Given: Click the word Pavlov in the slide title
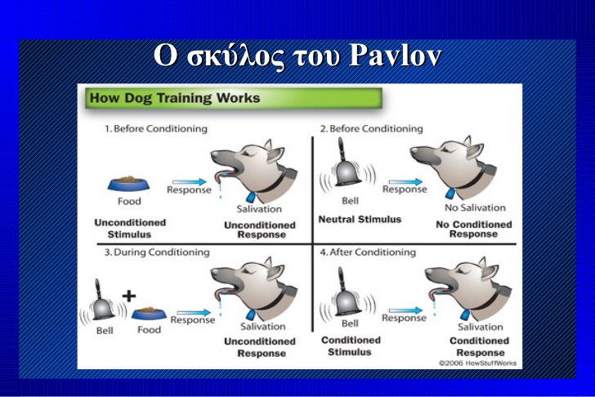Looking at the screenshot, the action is pos(395,56).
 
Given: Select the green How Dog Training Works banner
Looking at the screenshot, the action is pos(234,98).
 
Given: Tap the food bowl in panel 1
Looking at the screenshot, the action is pos(128,184).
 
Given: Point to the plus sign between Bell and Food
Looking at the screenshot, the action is pos(129,297).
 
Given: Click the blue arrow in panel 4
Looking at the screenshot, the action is pos(405,311).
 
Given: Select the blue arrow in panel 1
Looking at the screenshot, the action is pos(190,182).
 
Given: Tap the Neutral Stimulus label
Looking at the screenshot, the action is pos(360,220).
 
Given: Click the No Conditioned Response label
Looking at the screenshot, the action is pos(473,230).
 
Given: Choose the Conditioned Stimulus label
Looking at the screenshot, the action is pos(351,346).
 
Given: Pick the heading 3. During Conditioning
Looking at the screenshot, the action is pos(157,252).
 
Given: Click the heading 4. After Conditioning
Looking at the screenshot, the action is pos(368,252).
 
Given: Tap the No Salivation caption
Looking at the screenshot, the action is pos(475,207).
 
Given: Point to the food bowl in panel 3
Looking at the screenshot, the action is pos(149,314).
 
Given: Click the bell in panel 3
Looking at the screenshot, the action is pos(102,301).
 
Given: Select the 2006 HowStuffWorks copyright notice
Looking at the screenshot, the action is pos(478,364).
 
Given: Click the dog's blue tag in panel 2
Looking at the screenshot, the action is pos(450,193).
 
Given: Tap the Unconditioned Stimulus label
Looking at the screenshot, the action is pos(130,228).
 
